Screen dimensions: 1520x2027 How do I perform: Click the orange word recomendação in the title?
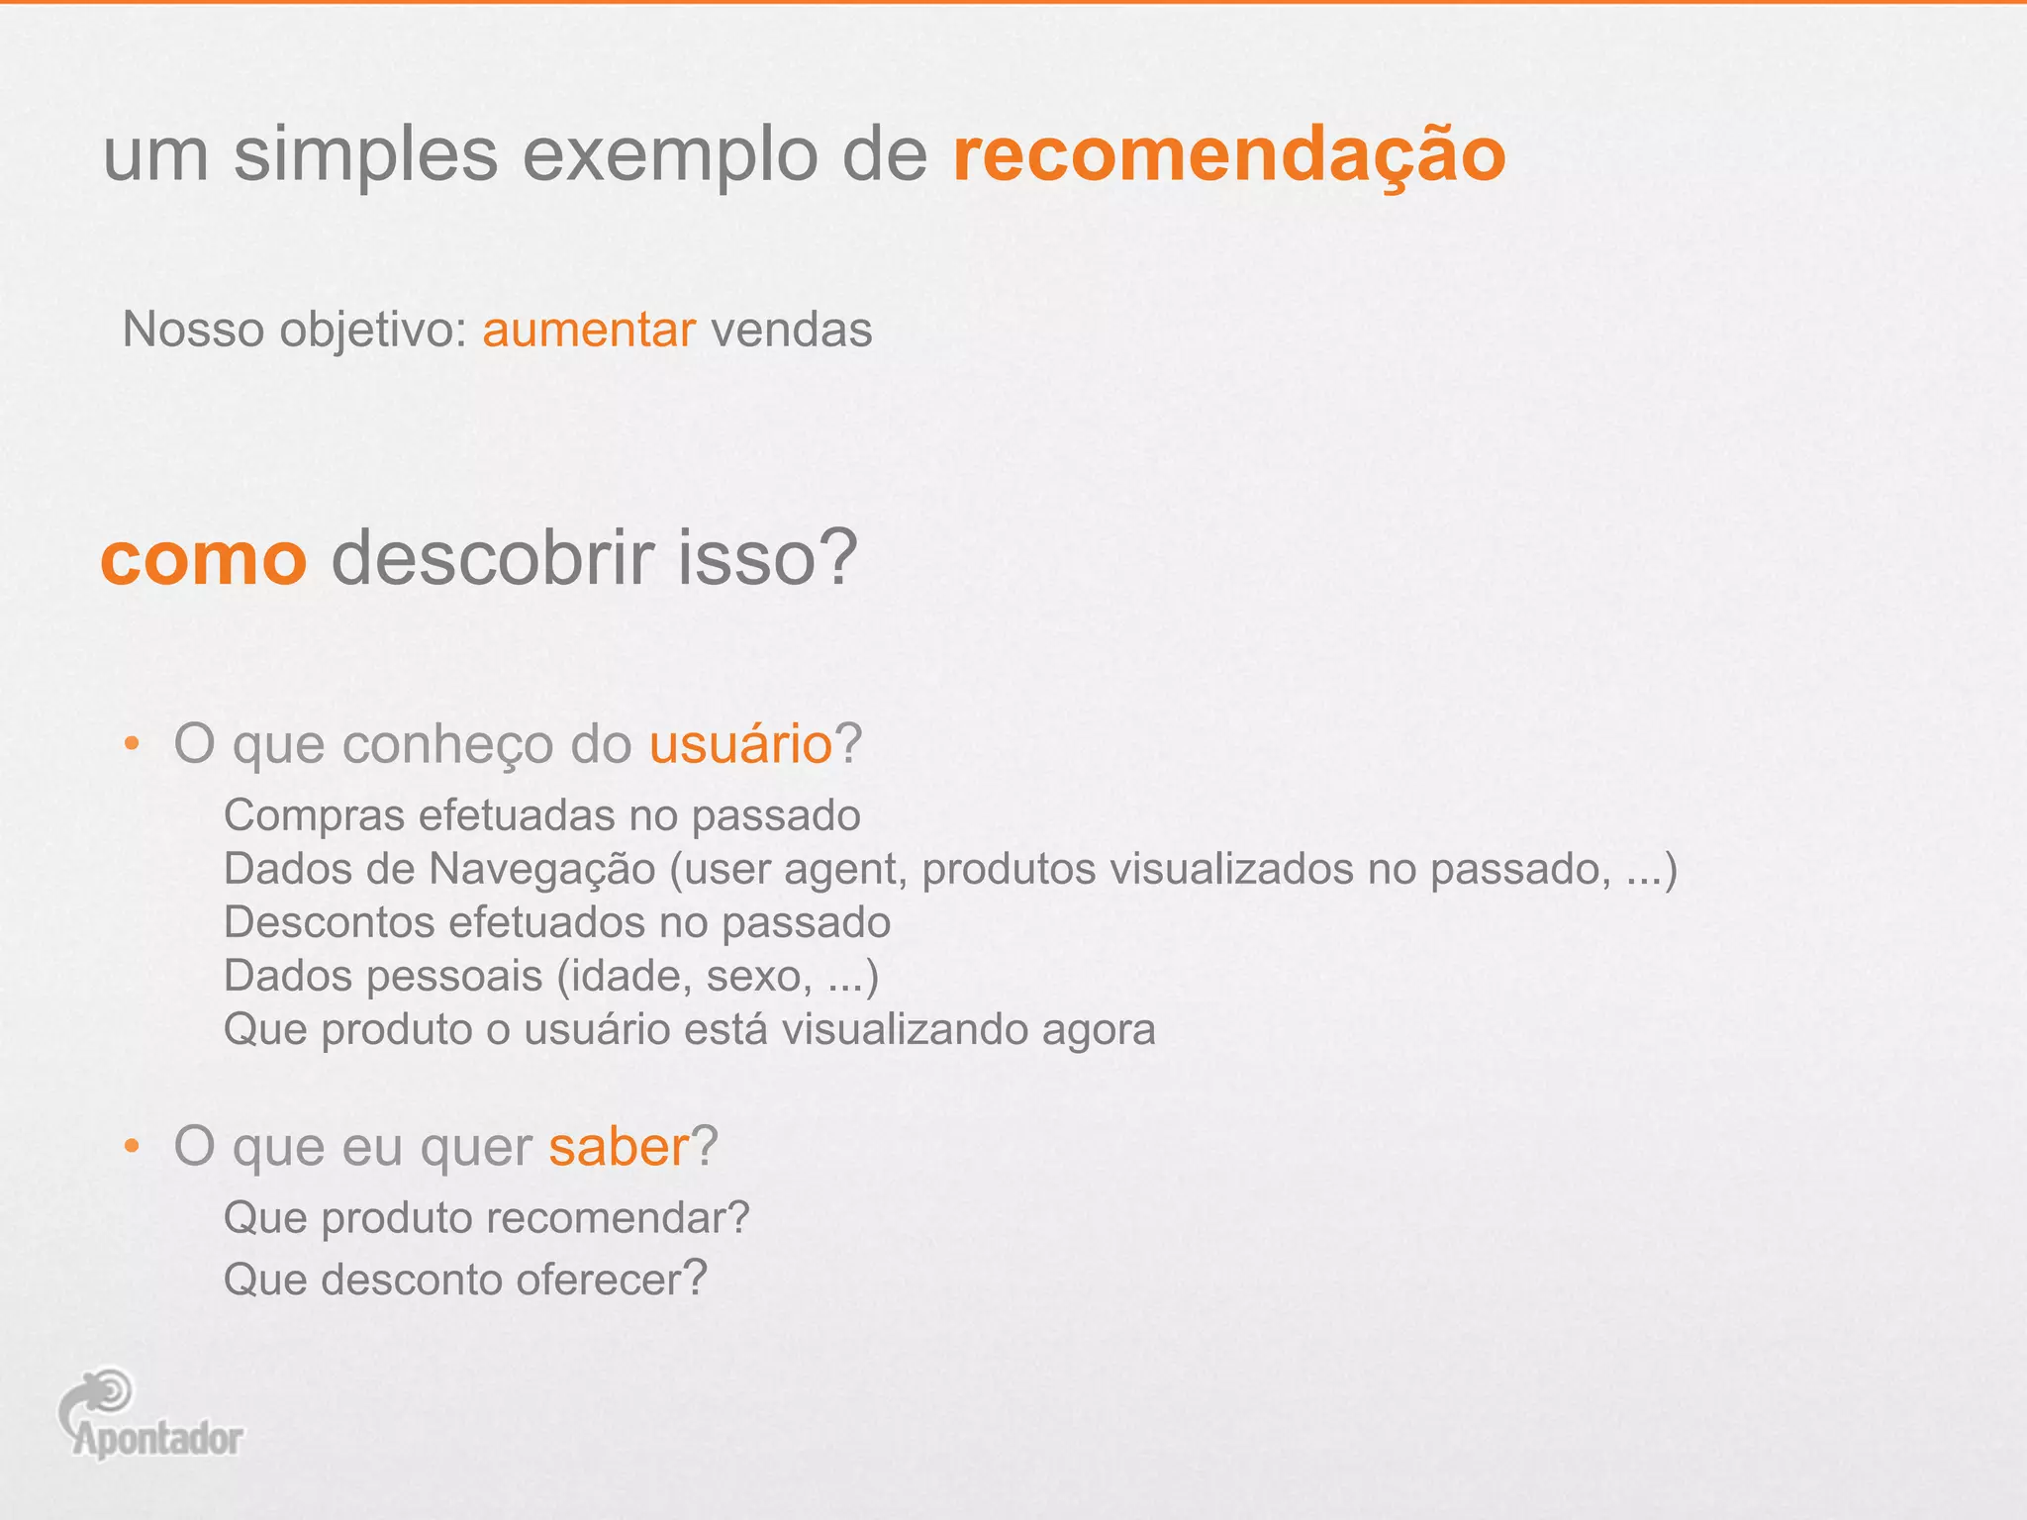point(1228,155)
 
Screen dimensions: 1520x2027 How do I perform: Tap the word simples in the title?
point(365,155)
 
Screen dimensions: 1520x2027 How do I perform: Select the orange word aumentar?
point(589,330)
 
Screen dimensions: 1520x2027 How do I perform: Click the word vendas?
point(792,330)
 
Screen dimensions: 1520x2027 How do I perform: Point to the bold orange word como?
point(204,559)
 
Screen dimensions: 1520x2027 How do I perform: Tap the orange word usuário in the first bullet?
point(740,744)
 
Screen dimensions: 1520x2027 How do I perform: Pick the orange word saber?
point(619,1147)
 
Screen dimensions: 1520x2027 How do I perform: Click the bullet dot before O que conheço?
point(132,744)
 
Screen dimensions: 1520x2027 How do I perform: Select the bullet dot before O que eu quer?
point(132,1147)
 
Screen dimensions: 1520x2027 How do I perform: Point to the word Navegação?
point(541,870)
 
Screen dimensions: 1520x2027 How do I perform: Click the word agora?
point(1098,1030)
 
